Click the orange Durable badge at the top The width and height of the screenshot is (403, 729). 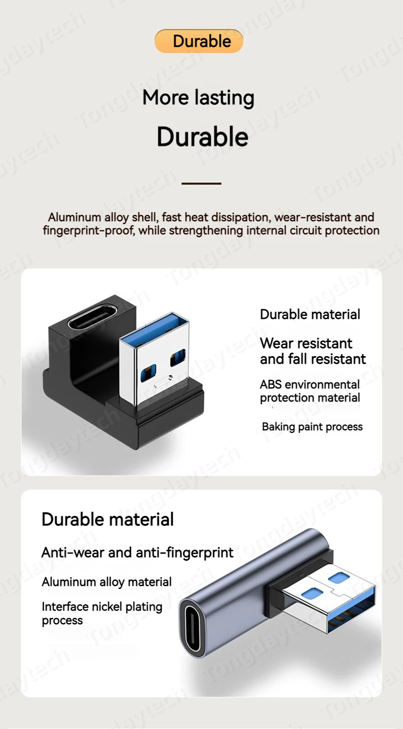(x=199, y=41)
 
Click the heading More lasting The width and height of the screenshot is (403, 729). (x=198, y=98)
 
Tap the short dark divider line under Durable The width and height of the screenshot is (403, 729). (x=201, y=183)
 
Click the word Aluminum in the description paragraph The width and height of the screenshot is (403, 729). (x=75, y=217)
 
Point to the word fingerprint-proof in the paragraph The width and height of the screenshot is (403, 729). (x=88, y=230)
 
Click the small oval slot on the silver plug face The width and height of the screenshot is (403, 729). (x=163, y=381)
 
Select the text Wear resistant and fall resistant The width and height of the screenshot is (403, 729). (x=313, y=351)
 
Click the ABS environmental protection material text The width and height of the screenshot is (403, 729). (x=310, y=391)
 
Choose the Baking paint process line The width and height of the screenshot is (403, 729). (x=312, y=427)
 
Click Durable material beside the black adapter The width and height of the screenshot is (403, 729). (x=310, y=314)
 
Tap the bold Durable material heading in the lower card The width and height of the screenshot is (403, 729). (x=107, y=519)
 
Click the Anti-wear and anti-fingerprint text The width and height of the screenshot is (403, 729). (x=138, y=553)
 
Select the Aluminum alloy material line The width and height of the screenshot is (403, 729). (x=106, y=582)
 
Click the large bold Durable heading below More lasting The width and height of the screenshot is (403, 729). (x=203, y=137)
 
